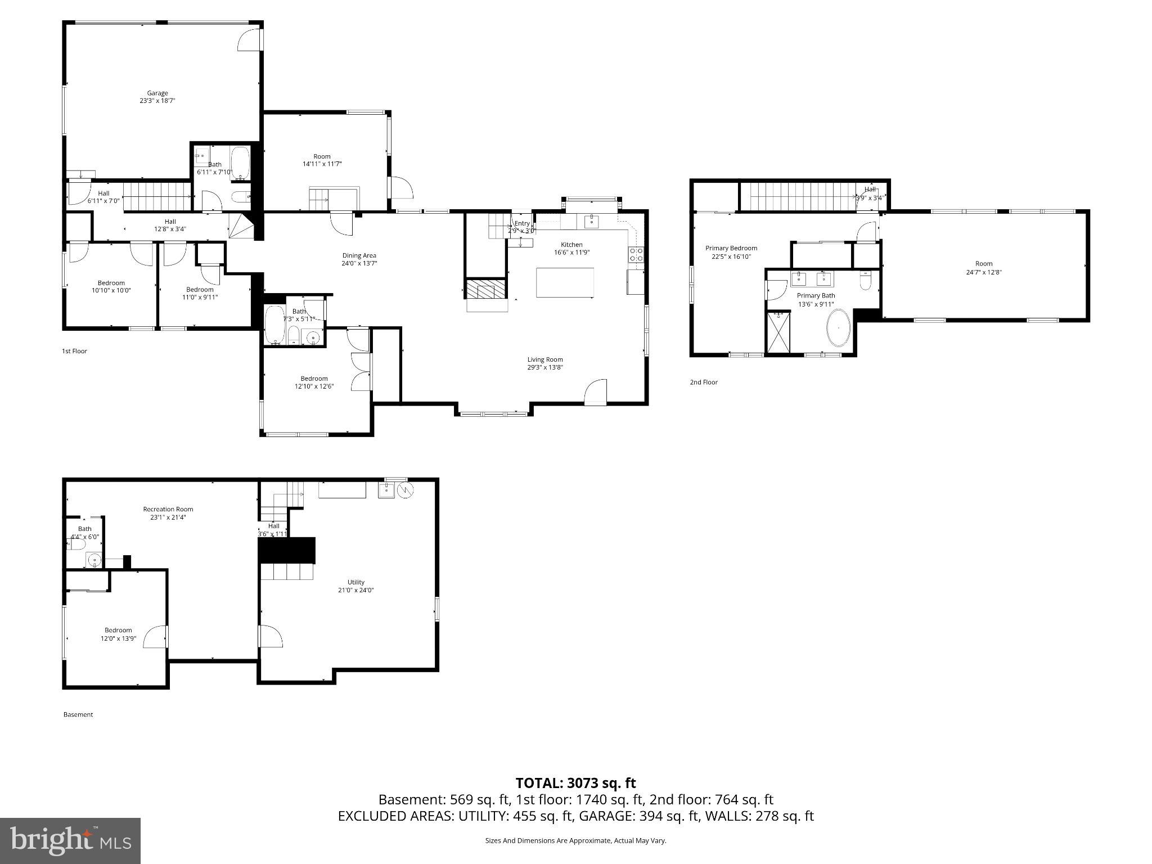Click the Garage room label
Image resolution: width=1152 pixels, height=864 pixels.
tap(157, 93)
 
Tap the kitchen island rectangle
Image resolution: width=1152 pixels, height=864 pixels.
tap(565, 282)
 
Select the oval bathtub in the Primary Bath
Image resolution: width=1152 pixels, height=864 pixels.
tap(838, 328)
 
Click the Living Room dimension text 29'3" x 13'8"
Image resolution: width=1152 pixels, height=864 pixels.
tap(544, 367)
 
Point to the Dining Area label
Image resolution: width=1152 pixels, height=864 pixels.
tap(359, 255)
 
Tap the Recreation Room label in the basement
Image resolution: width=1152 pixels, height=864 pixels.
tap(168, 509)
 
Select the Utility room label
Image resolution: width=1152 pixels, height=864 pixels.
tap(355, 582)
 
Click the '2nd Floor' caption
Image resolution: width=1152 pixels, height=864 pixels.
tap(704, 382)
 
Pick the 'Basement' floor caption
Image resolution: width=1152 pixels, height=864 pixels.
tap(78, 714)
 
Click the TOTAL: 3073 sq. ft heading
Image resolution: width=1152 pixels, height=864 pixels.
tap(575, 783)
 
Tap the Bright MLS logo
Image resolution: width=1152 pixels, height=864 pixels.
tap(70, 840)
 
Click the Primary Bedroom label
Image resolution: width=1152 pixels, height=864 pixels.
tap(731, 248)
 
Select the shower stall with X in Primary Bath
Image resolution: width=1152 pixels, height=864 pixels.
tap(778, 332)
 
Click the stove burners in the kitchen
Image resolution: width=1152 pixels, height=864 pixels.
tap(636, 255)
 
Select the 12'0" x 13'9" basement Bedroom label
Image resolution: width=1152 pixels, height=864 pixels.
tap(118, 630)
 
